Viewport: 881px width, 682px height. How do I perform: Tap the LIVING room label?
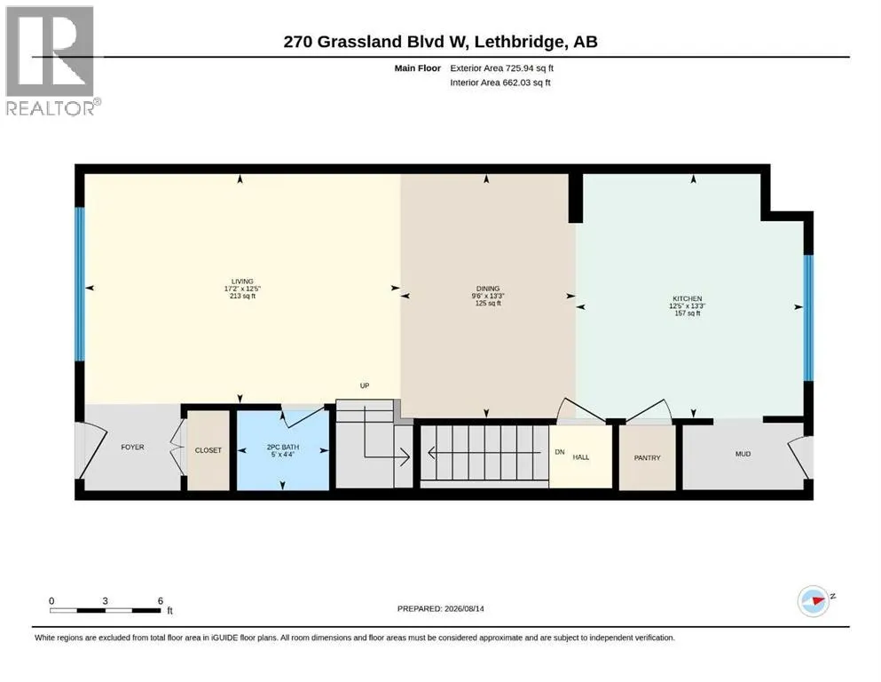(x=242, y=282)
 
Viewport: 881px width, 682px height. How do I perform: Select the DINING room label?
(x=488, y=289)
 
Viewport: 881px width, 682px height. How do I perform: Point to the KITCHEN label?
(x=688, y=298)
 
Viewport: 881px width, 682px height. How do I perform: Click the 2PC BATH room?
(x=283, y=450)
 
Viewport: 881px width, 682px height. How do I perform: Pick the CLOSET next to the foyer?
(x=208, y=450)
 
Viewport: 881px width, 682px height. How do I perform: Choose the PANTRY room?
(x=648, y=457)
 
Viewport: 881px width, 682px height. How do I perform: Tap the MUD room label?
(x=743, y=454)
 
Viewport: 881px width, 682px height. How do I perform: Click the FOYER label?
(x=132, y=447)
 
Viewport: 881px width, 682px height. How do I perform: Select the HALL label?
(x=581, y=457)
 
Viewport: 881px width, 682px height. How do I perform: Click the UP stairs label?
(x=365, y=385)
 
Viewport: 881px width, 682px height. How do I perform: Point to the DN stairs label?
(x=560, y=452)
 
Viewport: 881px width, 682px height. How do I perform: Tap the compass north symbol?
(x=814, y=601)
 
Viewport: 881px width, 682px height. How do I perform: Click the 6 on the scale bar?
(x=160, y=601)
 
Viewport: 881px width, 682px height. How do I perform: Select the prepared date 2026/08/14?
(x=464, y=608)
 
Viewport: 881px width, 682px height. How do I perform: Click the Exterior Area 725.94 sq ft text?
(x=502, y=68)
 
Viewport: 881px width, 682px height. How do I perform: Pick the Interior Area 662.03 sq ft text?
(x=500, y=82)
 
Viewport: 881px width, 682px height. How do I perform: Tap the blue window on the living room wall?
(x=80, y=284)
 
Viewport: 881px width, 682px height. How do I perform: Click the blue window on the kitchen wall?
(x=808, y=318)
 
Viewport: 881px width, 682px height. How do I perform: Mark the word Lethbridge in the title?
(x=519, y=42)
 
